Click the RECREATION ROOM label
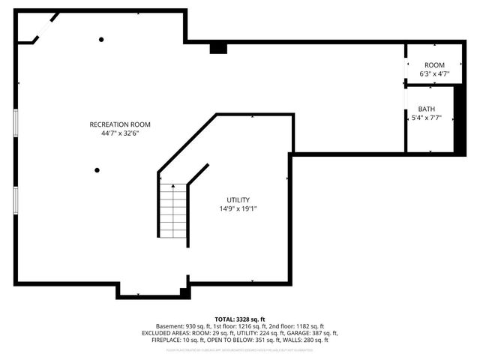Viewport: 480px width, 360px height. [120, 124]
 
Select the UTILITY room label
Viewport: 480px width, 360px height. [238, 199]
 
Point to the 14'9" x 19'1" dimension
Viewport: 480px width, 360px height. [238, 208]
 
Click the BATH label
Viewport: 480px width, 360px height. [426, 109]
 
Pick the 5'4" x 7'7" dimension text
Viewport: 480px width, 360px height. [426, 118]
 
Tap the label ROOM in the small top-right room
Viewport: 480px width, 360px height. [434, 65]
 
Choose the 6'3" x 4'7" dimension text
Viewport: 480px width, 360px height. [434, 74]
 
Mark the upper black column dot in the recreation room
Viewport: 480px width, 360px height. [101, 40]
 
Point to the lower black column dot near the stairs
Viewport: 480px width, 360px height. [97, 170]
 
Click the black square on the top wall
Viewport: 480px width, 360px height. [218, 48]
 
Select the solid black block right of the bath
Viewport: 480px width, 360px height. [455, 120]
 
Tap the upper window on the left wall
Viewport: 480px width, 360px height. [16, 124]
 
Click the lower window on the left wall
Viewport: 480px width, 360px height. [16, 199]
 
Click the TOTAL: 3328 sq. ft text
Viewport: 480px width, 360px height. [240, 319]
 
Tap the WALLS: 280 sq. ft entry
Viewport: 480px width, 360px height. [310, 340]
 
